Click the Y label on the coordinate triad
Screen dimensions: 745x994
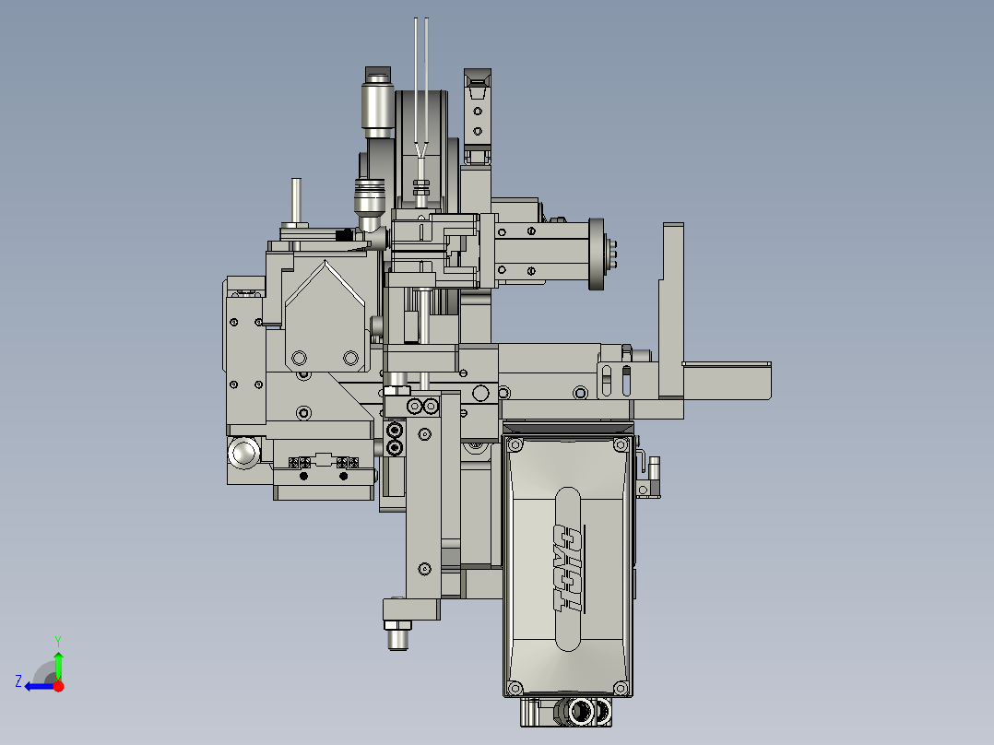57,640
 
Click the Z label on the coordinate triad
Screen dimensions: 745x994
18,681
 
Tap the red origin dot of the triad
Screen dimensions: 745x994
58,686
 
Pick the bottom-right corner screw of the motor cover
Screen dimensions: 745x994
621,688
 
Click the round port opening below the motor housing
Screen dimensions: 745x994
582,711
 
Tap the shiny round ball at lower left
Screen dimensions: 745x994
246,453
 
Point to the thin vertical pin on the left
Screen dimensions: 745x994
296,200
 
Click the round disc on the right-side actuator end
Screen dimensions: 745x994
597,254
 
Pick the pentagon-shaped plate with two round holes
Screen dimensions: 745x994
323,318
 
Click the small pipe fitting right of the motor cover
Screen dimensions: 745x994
651,476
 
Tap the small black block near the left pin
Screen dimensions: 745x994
344,235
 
